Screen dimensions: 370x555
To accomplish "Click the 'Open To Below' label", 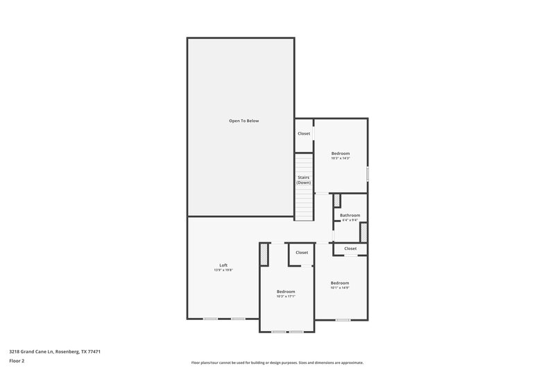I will pyautogui.click(x=244, y=121).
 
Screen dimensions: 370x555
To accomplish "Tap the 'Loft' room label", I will pyautogui.click(x=223, y=265).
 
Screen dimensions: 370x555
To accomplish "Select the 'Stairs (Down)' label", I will pyautogui.click(x=303, y=180).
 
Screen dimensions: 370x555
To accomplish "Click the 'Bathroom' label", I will pyautogui.click(x=350, y=215).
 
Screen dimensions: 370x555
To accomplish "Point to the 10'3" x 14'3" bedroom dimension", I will pyautogui.click(x=340, y=158).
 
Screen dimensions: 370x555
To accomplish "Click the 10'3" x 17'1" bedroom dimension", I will pyautogui.click(x=286, y=296).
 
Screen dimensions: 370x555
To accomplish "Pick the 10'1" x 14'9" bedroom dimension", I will pyautogui.click(x=340, y=287).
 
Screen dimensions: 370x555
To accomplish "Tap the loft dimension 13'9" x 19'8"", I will pyautogui.click(x=223, y=270).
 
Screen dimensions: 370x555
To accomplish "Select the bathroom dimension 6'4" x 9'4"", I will pyautogui.click(x=350, y=220).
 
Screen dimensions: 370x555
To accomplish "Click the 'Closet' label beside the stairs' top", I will pyautogui.click(x=304, y=133).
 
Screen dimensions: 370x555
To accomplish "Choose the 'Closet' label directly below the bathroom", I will pyautogui.click(x=350, y=249).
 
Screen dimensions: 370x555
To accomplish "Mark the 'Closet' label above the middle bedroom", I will pyautogui.click(x=302, y=253).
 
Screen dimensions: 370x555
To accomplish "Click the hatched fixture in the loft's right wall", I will pyautogui.click(x=264, y=255).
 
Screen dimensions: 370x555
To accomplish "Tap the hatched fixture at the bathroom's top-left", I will pyautogui.click(x=337, y=201).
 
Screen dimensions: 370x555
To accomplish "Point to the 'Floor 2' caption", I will pyautogui.click(x=16, y=361).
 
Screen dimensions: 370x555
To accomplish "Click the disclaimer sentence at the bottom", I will pyautogui.click(x=277, y=362).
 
